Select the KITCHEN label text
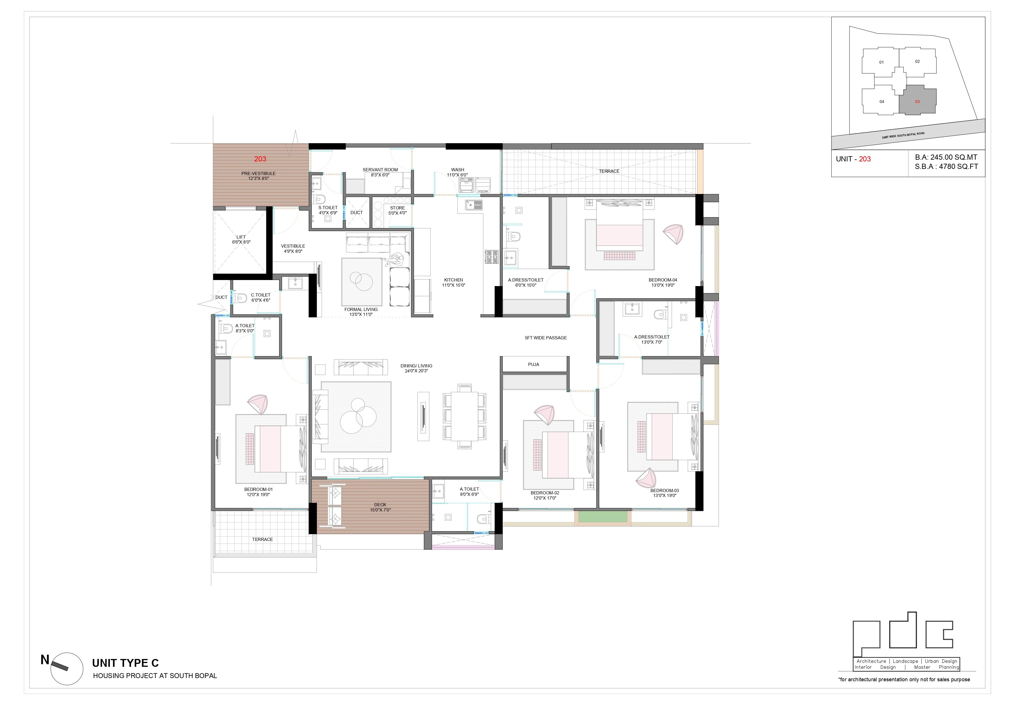coord(454,280)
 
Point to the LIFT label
coord(241,237)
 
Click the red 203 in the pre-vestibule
coord(260,159)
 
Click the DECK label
coord(380,505)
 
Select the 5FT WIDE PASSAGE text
coord(546,338)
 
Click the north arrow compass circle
coord(67,669)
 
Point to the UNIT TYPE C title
coord(125,663)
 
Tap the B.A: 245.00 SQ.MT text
coord(946,157)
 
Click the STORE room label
coord(397,208)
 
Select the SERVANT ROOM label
coord(380,170)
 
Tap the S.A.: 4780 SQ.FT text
coord(946,167)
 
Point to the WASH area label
coord(458,170)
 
